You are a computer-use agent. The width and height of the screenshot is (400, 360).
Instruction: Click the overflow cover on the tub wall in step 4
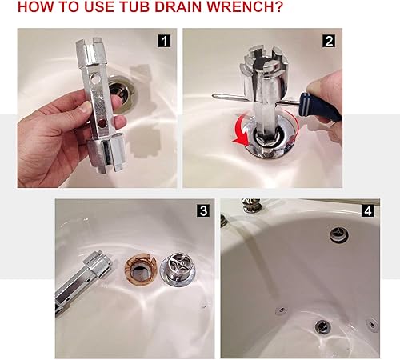pyautogui.click(x=335, y=234)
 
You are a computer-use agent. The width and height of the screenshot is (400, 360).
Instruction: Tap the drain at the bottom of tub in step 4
pyautogui.click(x=322, y=326)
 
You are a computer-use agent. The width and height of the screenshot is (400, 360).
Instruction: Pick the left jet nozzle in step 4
pyautogui.click(x=281, y=310)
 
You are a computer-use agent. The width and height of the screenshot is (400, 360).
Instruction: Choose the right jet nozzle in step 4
pyautogui.click(x=373, y=324)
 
